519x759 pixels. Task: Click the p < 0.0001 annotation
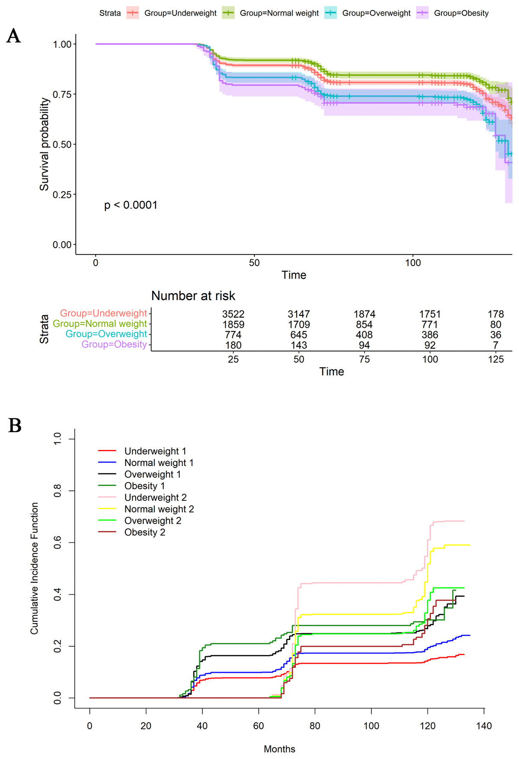131,205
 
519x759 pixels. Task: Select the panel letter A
13,36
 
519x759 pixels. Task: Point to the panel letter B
15,426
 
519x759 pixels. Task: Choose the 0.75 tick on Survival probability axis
62,94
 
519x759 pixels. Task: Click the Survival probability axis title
44,144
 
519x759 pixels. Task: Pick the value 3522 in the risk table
233,314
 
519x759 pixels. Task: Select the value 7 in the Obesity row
496,345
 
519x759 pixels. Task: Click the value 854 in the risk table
364,324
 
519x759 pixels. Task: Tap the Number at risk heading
193,296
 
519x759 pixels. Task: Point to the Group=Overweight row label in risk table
106,334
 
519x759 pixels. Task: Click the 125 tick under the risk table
496,359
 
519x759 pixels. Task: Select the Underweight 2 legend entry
155,497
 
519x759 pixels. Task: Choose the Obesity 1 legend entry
144,486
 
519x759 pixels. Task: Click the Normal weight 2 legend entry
159,509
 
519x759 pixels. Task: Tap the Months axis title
279,749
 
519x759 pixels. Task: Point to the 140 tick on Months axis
484,726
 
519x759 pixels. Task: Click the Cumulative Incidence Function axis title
35,568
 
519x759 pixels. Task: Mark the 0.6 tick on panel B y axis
58,543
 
